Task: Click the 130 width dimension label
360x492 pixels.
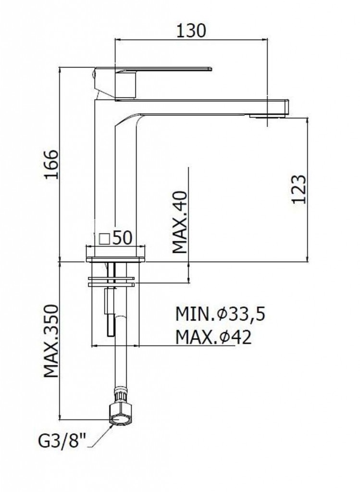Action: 191,30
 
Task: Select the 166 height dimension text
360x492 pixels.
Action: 51,164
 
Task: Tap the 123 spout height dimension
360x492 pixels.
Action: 298,189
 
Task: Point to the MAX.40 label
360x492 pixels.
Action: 180,222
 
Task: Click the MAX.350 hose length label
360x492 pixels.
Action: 51,341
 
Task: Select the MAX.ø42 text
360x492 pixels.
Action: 213,337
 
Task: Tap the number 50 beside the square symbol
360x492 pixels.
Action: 122,238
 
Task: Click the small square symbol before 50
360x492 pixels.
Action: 104,239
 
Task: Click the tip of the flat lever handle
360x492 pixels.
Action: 211,69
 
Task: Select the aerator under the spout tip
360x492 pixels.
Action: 267,116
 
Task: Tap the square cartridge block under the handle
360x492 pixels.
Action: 126,85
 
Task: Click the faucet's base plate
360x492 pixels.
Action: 115,259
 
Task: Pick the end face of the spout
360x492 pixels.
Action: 286,107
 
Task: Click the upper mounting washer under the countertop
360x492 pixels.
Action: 112,278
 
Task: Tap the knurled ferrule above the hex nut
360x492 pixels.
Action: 121,397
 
